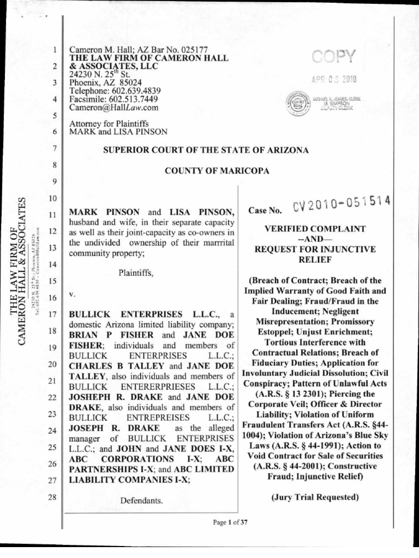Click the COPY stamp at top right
tap(333, 57)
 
